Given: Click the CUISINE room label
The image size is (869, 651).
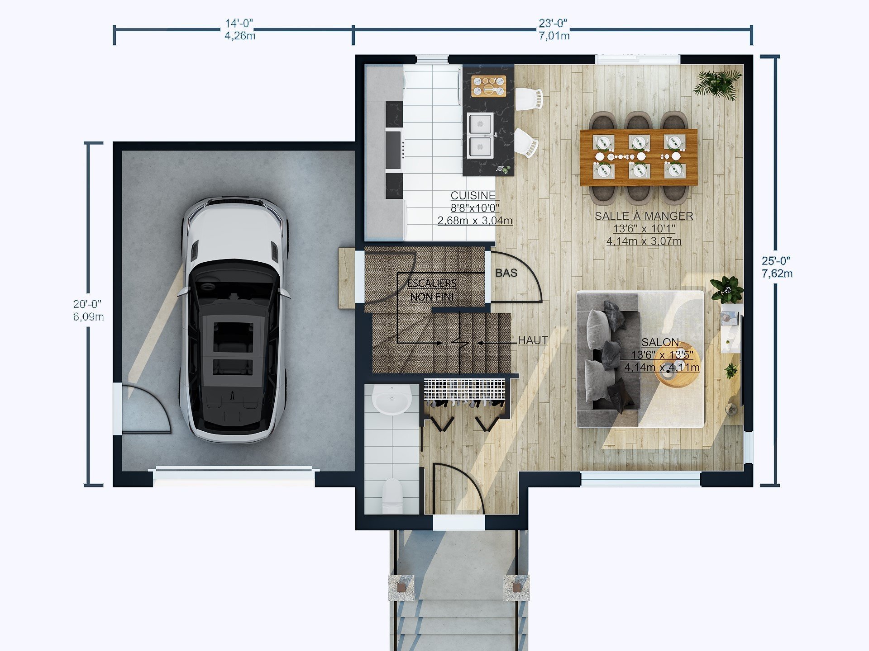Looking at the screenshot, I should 473,195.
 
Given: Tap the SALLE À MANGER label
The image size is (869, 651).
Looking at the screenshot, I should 644,216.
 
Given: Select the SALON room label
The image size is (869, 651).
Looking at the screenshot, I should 660,342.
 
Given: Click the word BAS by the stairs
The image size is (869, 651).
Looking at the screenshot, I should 506,273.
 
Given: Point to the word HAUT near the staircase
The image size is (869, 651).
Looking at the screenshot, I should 533,340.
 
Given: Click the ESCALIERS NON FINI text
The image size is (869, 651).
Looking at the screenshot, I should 432,290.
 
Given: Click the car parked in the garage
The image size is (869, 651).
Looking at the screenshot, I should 234,319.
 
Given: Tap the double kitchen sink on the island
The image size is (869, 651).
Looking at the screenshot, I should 480,135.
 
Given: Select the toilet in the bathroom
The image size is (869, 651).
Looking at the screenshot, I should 392,495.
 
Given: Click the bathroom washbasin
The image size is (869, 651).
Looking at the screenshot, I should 392,399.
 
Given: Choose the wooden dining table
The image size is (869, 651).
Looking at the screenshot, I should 638,157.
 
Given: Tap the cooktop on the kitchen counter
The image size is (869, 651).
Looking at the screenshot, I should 394,150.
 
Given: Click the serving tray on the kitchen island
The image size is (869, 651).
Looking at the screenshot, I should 488,86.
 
